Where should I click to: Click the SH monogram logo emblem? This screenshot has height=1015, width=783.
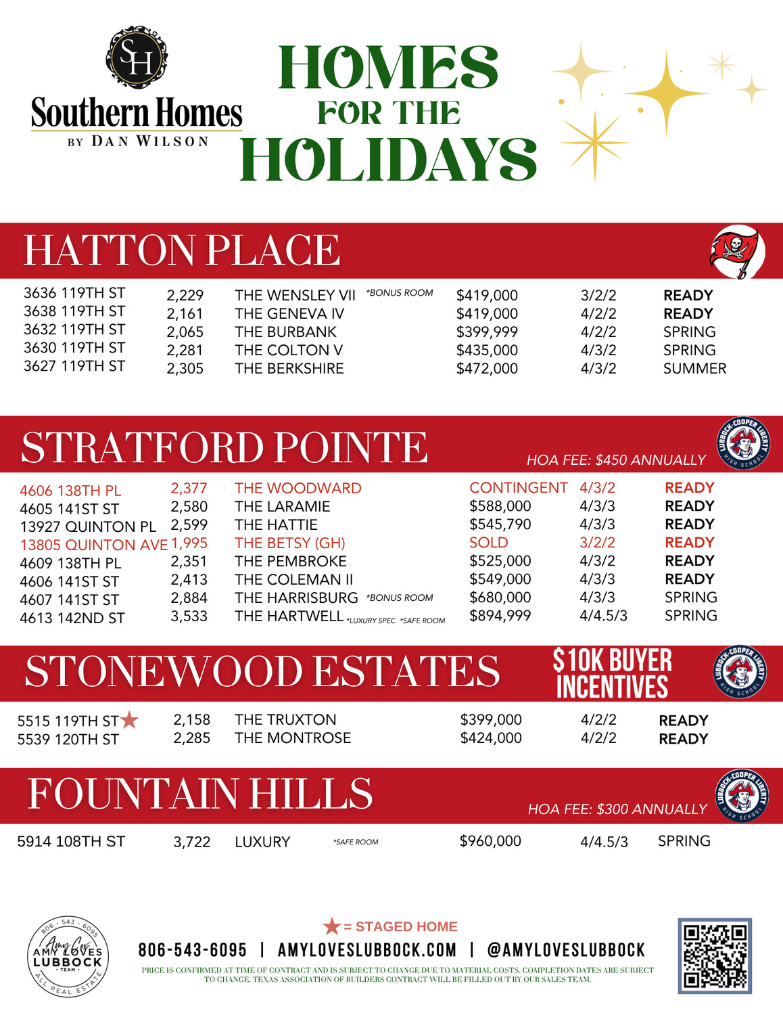click(x=137, y=57)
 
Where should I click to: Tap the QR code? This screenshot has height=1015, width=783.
click(x=715, y=955)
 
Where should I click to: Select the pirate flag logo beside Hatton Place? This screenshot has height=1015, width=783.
click(x=737, y=252)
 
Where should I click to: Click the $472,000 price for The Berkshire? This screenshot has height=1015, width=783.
click(x=487, y=369)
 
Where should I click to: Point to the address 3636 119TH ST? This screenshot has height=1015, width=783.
click(x=74, y=293)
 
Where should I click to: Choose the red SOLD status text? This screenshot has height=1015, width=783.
click(x=488, y=543)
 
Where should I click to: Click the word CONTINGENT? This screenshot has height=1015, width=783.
click(x=518, y=488)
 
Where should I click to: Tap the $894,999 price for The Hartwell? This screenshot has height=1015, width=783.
click(x=500, y=616)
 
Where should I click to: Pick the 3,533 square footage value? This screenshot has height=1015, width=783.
click(x=189, y=616)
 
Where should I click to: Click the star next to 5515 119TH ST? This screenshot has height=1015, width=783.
click(x=129, y=720)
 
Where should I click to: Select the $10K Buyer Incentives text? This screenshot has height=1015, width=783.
click(x=612, y=673)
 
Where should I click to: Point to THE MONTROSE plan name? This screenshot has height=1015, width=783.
click(x=293, y=738)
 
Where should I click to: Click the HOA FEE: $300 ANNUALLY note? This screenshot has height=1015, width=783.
click(x=617, y=809)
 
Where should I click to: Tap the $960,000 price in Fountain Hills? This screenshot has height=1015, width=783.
click(x=490, y=841)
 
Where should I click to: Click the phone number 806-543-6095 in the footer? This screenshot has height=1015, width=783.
click(x=193, y=950)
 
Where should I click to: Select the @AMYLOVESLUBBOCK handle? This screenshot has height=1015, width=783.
click(x=566, y=950)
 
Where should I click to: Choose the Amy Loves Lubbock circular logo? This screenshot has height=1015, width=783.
click(x=68, y=956)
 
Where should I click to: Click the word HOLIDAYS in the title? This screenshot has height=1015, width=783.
click(x=388, y=159)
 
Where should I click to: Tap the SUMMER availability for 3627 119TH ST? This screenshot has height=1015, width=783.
click(x=694, y=369)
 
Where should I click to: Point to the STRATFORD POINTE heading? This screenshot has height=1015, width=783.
click(x=224, y=447)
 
